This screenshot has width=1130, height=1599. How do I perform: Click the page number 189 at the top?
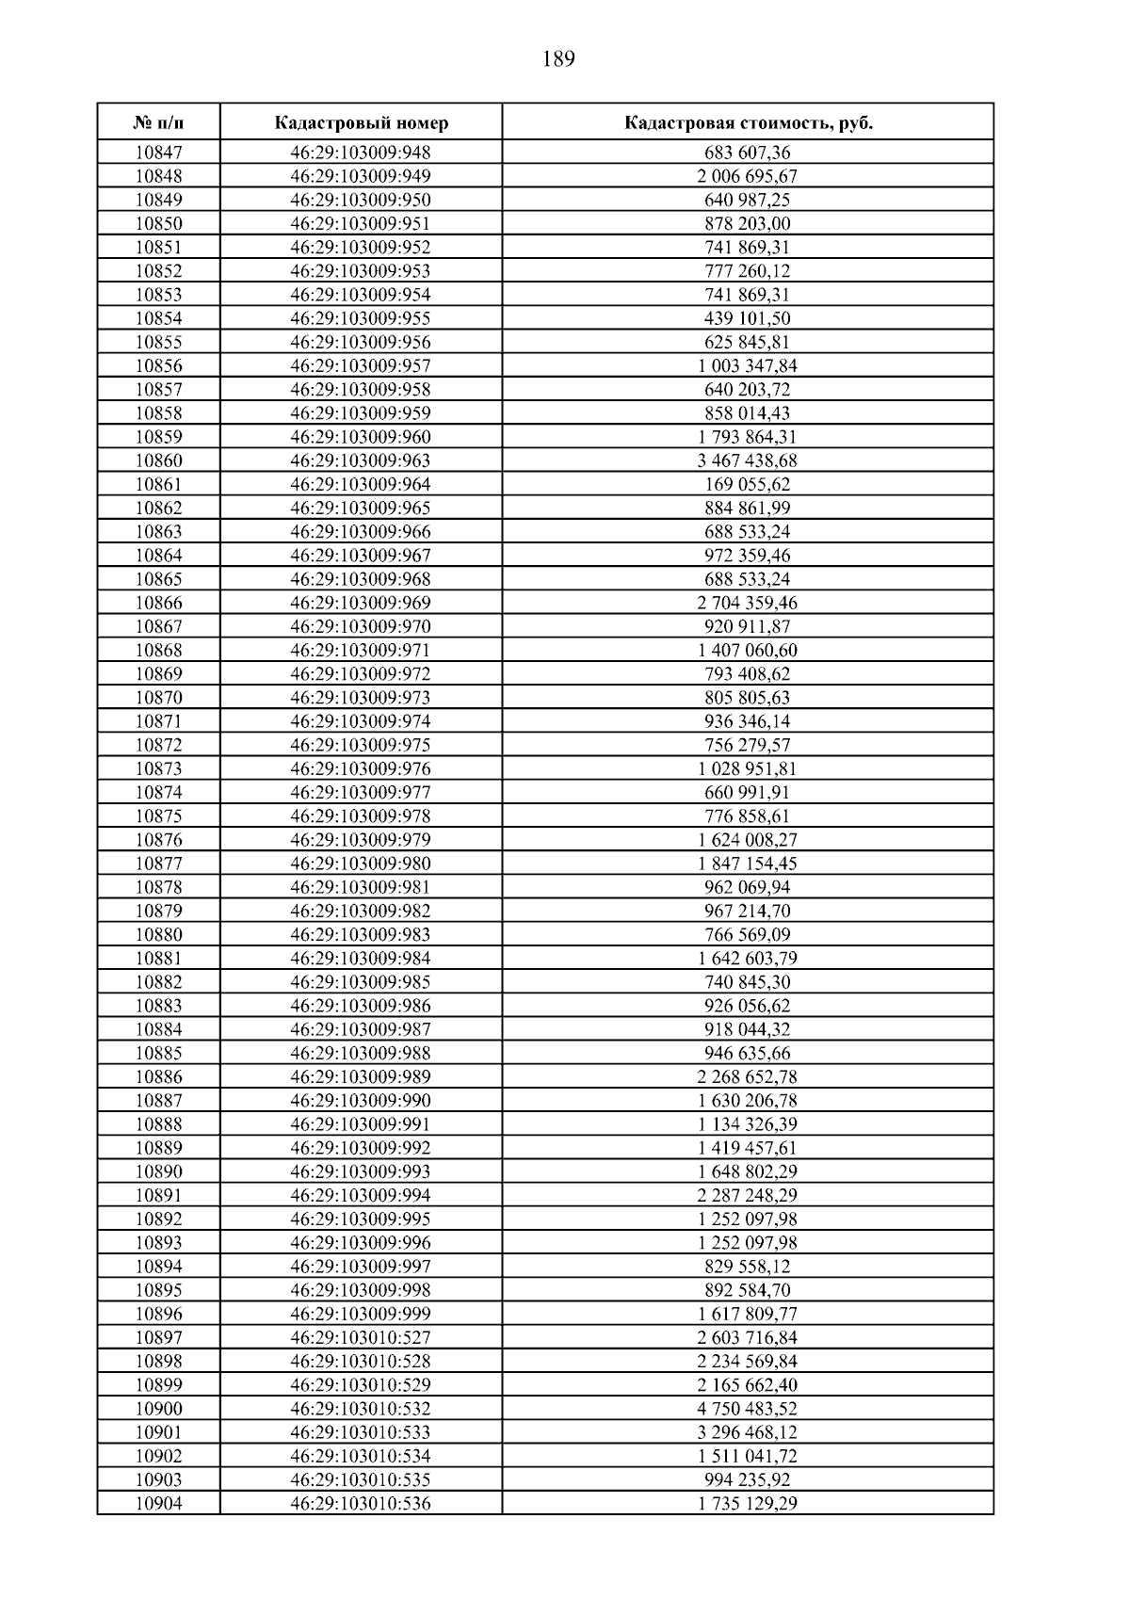[558, 60]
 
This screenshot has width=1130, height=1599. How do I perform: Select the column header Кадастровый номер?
[362, 123]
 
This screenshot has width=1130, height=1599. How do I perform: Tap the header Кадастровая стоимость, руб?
[748, 123]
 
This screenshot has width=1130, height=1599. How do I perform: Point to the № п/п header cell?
[158, 123]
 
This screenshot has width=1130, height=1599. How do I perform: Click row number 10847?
[158, 153]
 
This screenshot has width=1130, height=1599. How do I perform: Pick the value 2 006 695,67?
[748, 176]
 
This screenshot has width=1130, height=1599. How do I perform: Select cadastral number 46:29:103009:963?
[361, 460]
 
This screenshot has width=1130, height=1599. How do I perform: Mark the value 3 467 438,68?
[748, 460]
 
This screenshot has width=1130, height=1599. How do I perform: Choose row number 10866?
[158, 603]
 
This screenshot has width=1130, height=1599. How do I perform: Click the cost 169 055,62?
[748, 484]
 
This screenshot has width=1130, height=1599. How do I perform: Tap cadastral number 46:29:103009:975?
[361, 745]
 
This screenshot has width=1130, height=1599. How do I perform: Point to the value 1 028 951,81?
[748, 768]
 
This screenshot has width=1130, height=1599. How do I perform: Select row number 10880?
[158, 934]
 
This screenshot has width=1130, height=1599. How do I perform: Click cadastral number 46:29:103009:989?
[361, 1076]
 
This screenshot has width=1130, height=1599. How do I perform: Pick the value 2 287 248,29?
[748, 1195]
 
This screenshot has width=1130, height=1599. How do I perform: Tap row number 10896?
[158, 1314]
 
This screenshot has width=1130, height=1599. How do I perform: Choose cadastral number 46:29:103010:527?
[361, 1337]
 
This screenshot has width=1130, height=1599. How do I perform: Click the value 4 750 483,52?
[748, 1409]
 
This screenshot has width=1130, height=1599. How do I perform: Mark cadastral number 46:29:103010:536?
[361, 1503]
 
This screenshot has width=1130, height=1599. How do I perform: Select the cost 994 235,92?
[748, 1479]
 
